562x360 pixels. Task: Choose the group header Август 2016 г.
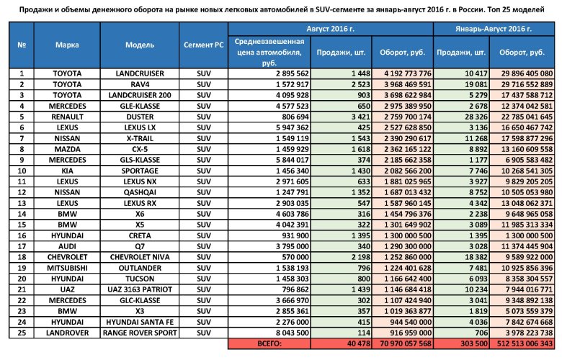tap(331, 28)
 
